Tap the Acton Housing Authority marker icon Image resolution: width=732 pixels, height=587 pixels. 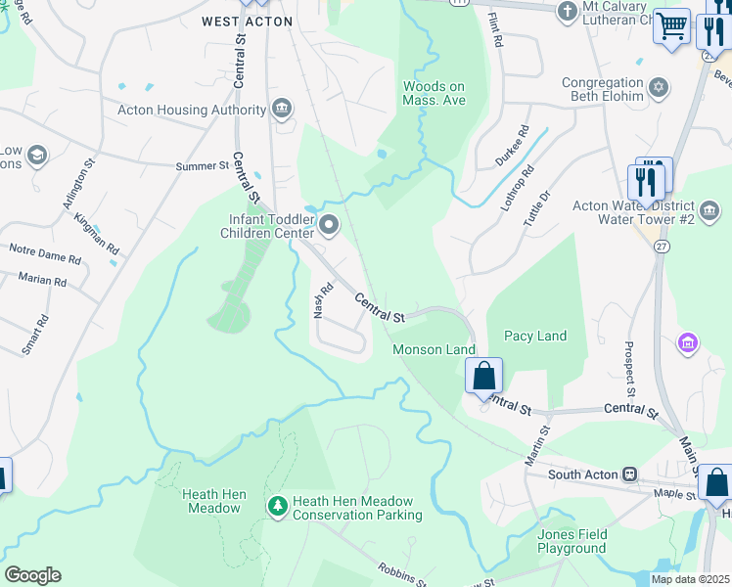[283, 108]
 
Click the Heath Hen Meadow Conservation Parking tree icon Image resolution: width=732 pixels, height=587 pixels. [278, 506]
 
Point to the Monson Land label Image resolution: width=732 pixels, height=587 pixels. [434, 349]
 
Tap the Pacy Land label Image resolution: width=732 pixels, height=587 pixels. [535, 336]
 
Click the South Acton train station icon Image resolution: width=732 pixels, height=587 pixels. [631, 474]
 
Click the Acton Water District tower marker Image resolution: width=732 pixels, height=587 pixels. [709, 209]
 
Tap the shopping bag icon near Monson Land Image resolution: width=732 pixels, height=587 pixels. [483, 375]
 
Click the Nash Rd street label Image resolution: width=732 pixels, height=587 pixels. [318, 300]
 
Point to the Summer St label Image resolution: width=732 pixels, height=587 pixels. [202, 166]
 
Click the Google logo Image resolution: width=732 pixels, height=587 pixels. [32, 575]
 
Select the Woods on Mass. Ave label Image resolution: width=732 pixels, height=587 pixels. [434, 93]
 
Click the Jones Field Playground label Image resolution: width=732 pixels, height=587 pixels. [572, 541]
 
